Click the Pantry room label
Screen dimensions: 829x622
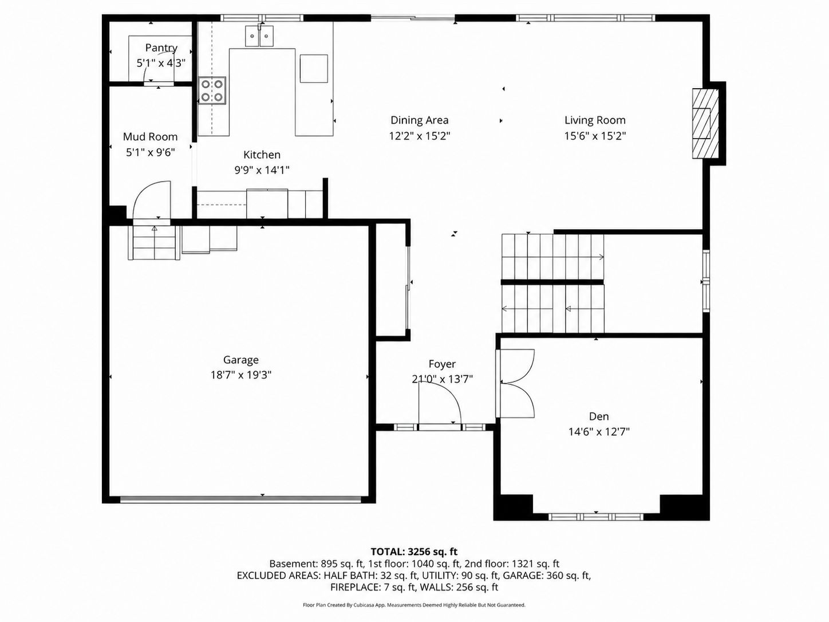click(161, 48)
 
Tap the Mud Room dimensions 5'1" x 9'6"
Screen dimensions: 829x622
click(151, 152)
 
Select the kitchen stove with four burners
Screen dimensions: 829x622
click(212, 90)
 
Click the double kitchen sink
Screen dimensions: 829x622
click(259, 36)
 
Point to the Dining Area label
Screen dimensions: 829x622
click(419, 120)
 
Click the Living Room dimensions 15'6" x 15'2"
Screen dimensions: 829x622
click(595, 136)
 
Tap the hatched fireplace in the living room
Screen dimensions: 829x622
click(705, 123)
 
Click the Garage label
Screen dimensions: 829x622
click(241, 360)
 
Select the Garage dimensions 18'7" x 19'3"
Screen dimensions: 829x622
click(241, 375)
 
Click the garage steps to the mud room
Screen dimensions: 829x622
click(153, 243)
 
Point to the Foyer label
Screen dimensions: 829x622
click(442, 364)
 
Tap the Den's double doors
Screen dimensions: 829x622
click(515, 383)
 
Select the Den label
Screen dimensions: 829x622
click(599, 416)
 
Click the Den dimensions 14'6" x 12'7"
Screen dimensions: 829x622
click(599, 432)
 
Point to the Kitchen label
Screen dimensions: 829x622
click(262, 155)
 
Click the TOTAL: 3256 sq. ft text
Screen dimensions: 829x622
click(414, 552)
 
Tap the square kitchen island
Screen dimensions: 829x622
click(314, 68)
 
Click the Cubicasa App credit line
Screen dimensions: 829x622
click(414, 605)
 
